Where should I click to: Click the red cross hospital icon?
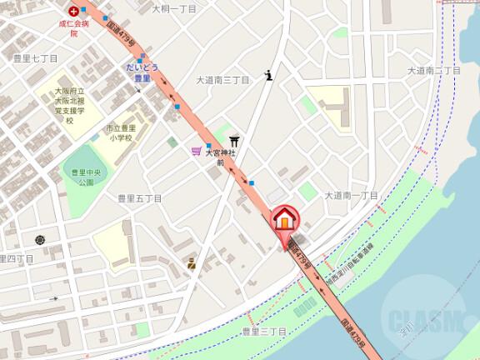click(x=74, y=11)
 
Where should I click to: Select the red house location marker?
click(x=284, y=220)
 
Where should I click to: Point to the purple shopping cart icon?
click(x=196, y=151)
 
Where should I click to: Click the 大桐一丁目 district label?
click(x=174, y=8)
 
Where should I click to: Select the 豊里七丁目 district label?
click(x=35, y=58)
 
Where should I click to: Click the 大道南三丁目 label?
click(x=222, y=81)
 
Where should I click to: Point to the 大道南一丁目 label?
click(x=351, y=195)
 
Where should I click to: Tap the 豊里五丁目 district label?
click(x=139, y=198)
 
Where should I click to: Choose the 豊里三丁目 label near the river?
click(x=264, y=332)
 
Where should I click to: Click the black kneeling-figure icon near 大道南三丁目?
click(x=268, y=75)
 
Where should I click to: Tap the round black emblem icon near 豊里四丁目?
click(x=40, y=240)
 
